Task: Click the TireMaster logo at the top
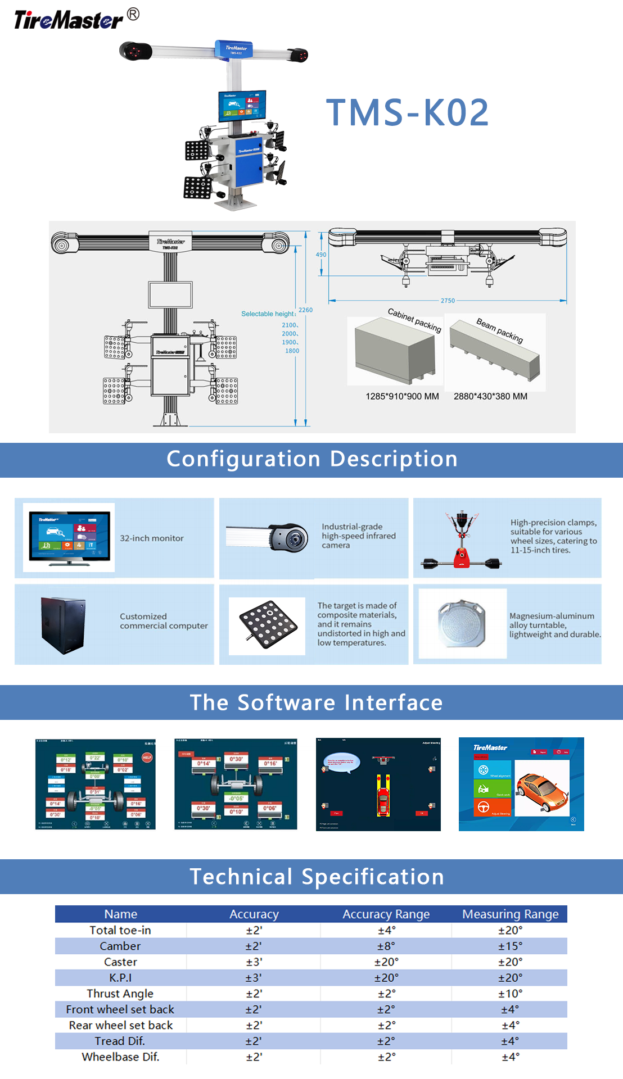click(69, 20)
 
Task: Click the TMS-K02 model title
click(407, 112)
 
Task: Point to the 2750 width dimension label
click(448, 301)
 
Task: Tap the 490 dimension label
click(321, 255)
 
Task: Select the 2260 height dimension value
click(305, 310)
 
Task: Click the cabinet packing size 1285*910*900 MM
click(402, 396)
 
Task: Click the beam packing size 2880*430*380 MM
click(490, 396)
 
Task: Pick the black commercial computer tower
click(64, 625)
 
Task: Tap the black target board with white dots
click(268, 624)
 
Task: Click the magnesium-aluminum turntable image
click(462, 623)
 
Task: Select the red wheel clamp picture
click(462, 540)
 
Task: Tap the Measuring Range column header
click(510, 914)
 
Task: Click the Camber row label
click(120, 946)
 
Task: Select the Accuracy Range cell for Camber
click(386, 946)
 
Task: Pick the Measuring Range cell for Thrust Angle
click(510, 994)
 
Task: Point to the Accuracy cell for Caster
click(254, 962)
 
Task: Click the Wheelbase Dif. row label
click(120, 1057)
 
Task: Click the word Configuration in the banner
click(243, 459)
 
